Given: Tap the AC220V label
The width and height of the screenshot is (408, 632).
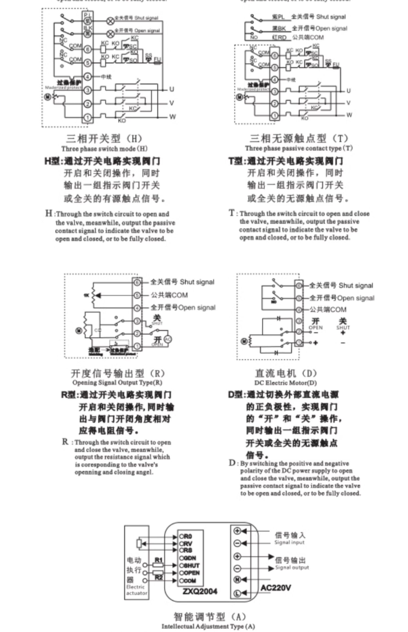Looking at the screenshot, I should pyautogui.click(x=276, y=588).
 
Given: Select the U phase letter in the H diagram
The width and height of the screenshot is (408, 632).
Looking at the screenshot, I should pyautogui.click(x=171, y=89).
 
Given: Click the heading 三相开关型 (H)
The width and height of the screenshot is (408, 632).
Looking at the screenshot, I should pyautogui.click(x=104, y=139).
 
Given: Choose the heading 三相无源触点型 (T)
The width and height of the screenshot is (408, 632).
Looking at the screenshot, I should pyautogui.click(x=299, y=138).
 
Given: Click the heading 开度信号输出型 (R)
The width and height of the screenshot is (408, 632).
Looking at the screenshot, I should pyautogui.click(x=118, y=373).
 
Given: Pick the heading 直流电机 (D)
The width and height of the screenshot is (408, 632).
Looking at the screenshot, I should pyautogui.click(x=286, y=373).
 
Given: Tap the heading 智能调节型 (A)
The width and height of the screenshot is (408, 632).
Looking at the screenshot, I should pyautogui.click(x=209, y=616).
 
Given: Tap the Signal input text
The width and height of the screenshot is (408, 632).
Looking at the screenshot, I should pyautogui.click(x=289, y=542).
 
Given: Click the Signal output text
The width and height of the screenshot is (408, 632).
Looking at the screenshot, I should pyautogui.click(x=292, y=567).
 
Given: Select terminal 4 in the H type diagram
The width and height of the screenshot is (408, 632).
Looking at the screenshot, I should pyautogui.click(x=87, y=76).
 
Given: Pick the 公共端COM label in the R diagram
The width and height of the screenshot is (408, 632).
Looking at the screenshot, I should pyautogui.click(x=169, y=295).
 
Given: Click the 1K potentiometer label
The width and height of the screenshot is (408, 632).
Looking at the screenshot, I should pyautogui.click(x=86, y=295).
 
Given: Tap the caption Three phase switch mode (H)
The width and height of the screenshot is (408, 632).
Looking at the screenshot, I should pyautogui.click(x=104, y=149).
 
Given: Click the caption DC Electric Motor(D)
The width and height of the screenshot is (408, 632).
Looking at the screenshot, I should pyautogui.click(x=286, y=383).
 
